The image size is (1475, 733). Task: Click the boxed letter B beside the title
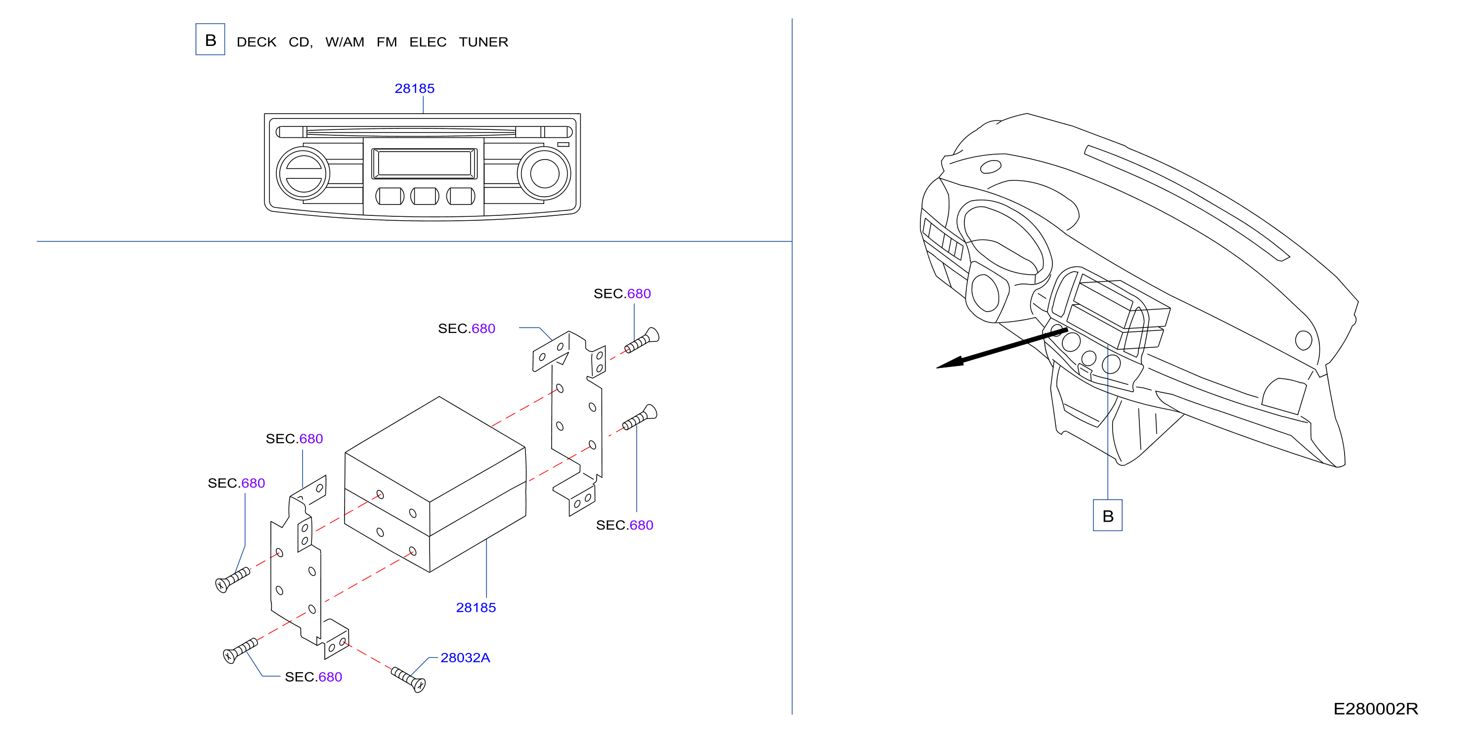tap(210, 40)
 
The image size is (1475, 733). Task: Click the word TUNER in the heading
tap(483, 42)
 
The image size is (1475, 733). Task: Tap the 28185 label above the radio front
tap(415, 89)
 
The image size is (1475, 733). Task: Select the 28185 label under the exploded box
tap(476, 608)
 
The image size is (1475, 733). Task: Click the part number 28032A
tap(465, 658)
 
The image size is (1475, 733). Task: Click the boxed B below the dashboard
tap(1107, 516)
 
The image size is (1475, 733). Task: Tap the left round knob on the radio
tap(303, 173)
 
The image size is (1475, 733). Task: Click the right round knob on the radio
tap(544, 173)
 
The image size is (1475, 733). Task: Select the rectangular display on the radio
tap(424, 163)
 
